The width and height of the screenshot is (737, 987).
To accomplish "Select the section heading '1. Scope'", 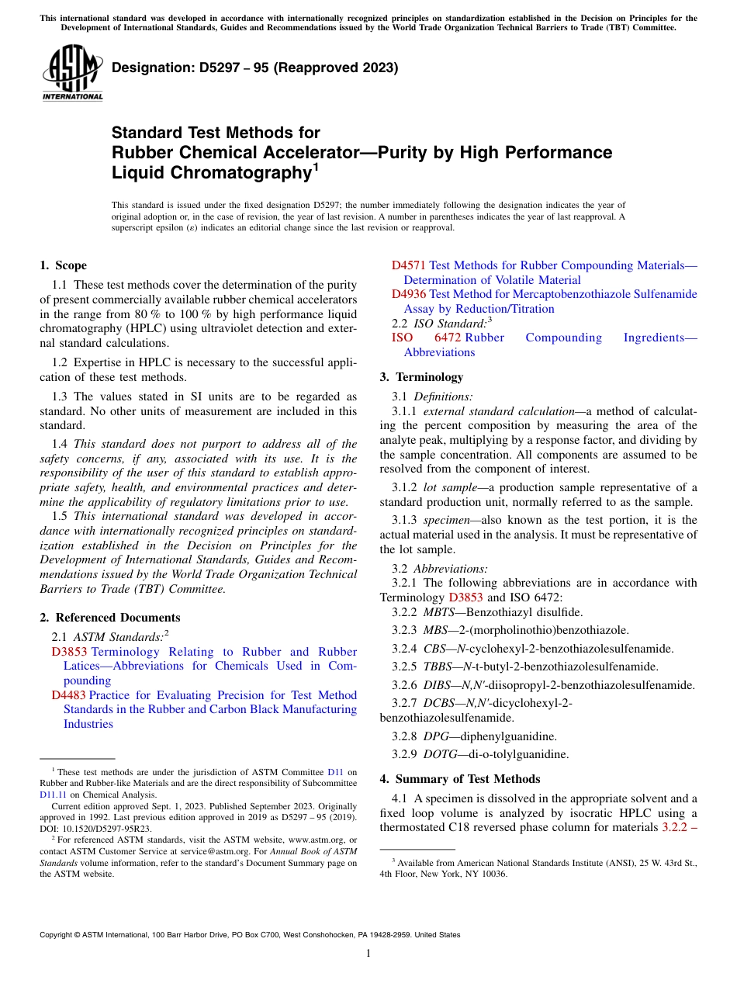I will coord(64,265).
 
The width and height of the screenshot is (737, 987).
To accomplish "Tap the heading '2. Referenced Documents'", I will coord(110,618).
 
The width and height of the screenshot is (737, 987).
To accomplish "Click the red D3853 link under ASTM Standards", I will coord(69,652).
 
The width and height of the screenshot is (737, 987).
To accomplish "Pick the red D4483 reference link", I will coord(69,695).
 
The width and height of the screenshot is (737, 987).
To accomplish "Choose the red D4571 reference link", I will coord(409,265).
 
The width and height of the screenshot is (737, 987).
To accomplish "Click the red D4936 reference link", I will coord(409,294).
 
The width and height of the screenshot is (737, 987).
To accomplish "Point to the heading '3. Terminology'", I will coord(421,377).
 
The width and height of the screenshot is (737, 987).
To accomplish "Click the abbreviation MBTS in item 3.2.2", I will coord(439,612).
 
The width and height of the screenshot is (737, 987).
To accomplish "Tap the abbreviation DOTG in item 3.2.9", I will coord(441,753).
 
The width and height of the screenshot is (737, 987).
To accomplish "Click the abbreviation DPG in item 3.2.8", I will coord(436,736).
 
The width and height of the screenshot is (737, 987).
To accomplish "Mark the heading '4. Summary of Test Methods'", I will coord(460,779).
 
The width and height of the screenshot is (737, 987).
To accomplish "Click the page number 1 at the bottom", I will coord(368,953).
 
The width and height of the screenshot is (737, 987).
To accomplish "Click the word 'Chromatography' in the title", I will coord(209,173).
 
